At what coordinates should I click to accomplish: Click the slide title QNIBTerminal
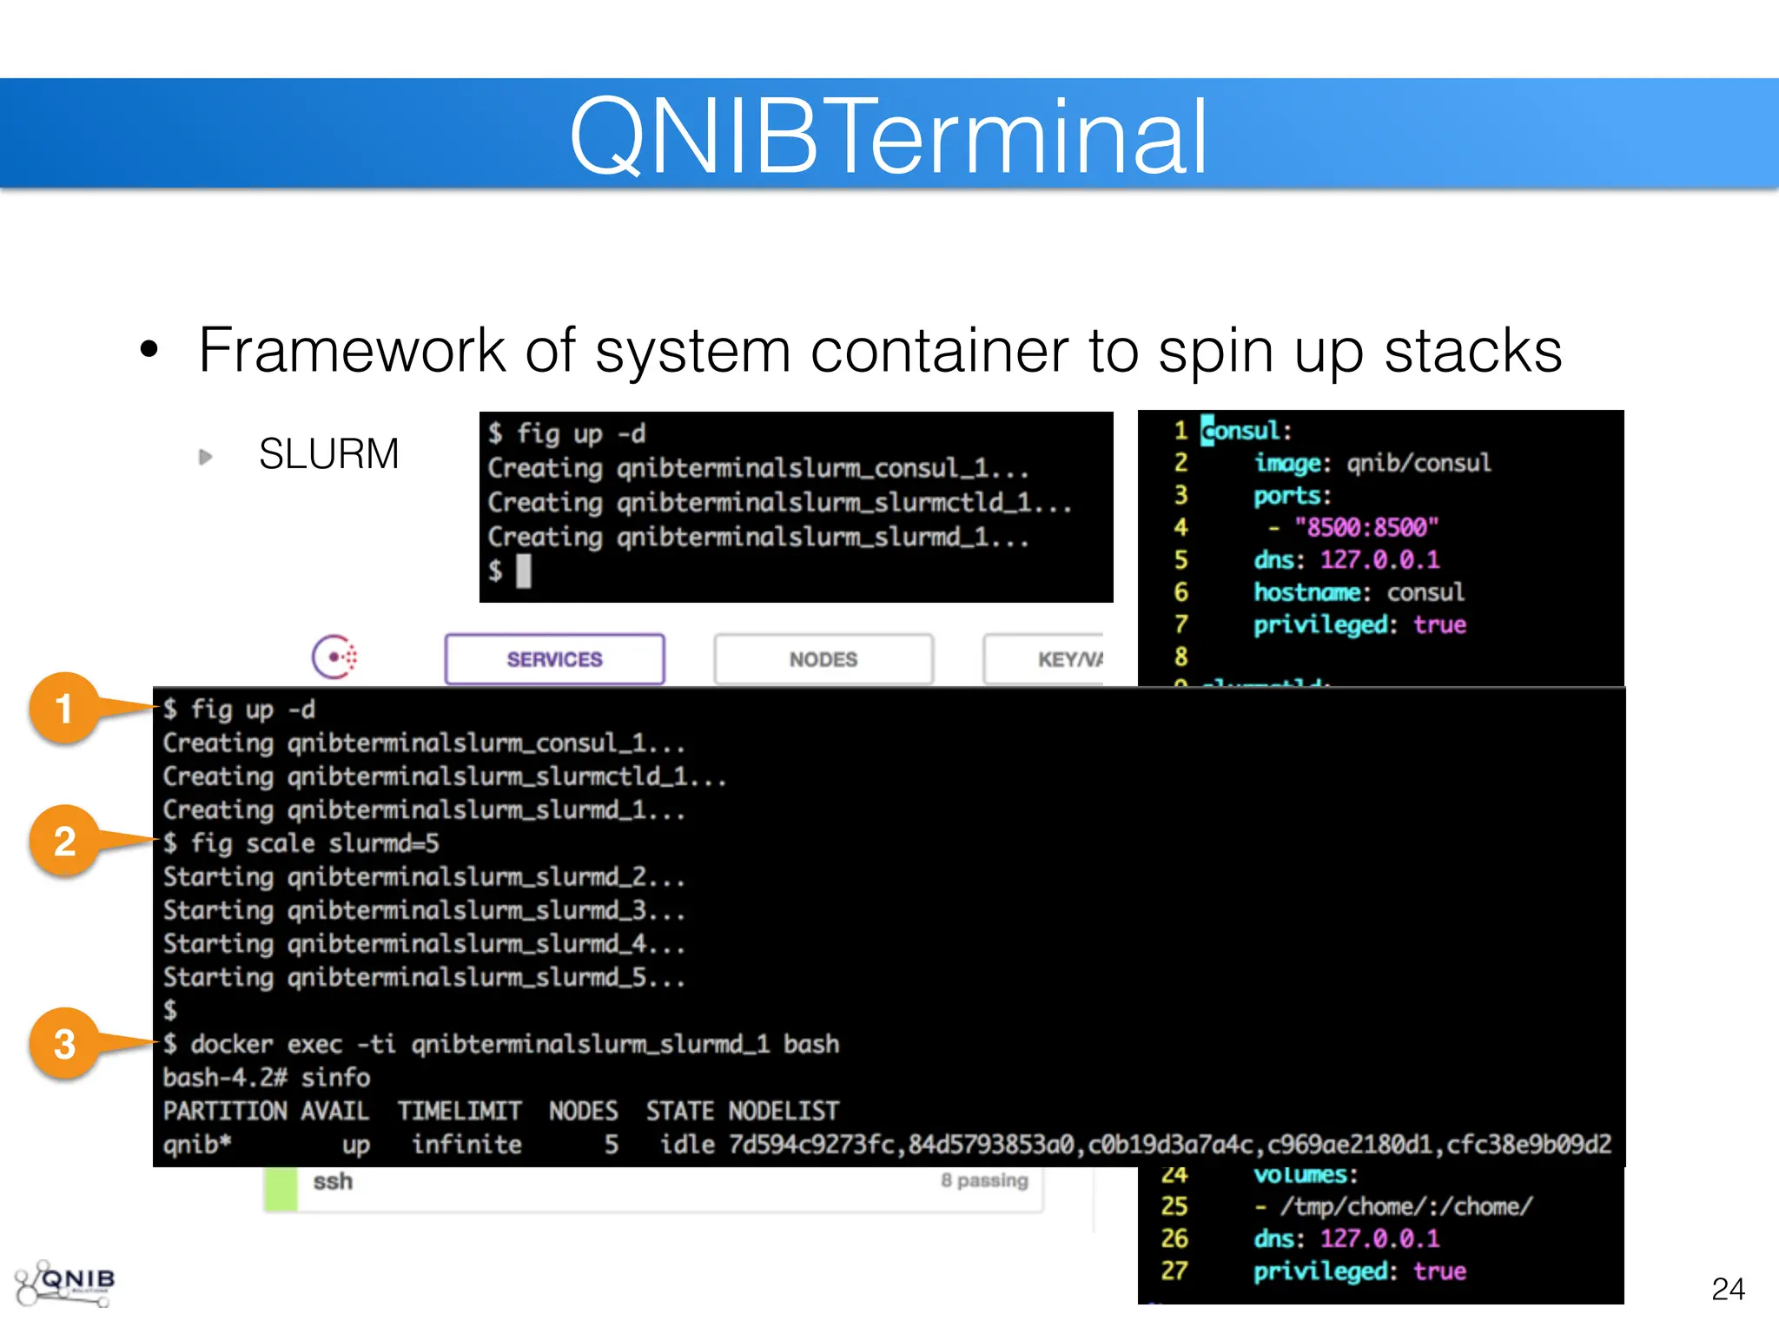click(x=888, y=136)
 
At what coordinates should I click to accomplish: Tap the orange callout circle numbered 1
click(x=64, y=709)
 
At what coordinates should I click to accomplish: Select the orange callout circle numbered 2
click(x=64, y=842)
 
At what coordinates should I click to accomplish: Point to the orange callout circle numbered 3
click(x=64, y=1044)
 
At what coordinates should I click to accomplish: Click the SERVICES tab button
click(x=554, y=659)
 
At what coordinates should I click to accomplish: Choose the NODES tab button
click(x=823, y=659)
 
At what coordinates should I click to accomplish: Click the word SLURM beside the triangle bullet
click(x=328, y=454)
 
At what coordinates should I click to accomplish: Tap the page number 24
click(x=1728, y=1288)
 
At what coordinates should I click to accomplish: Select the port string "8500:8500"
click(x=1366, y=527)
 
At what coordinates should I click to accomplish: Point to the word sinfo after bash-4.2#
click(x=335, y=1078)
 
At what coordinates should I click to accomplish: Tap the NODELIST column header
click(x=784, y=1111)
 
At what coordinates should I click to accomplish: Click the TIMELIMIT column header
click(x=460, y=1111)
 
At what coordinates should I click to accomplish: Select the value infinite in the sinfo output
click(x=466, y=1145)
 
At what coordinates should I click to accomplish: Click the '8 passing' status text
click(x=983, y=1180)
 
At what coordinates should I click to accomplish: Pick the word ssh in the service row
click(x=333, y=1181)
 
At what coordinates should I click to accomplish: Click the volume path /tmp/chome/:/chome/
click(x=1405, y=1206)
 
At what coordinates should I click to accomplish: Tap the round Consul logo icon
click(x=334, y=657)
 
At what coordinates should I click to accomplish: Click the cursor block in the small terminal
click(x=523, y=571)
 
